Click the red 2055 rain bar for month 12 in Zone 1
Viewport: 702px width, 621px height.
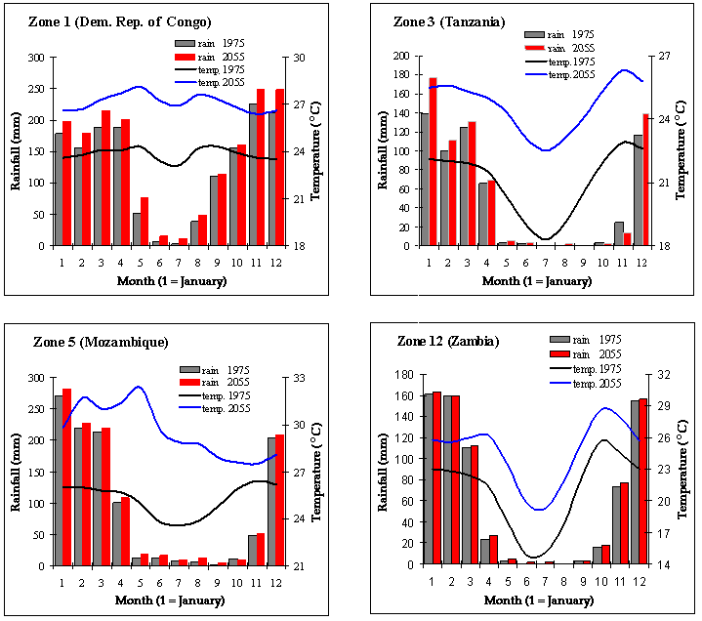click(279, 167)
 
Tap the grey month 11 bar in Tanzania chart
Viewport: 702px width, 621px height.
click(618, 233)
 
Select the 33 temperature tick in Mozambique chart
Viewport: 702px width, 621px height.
click(301, 378)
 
